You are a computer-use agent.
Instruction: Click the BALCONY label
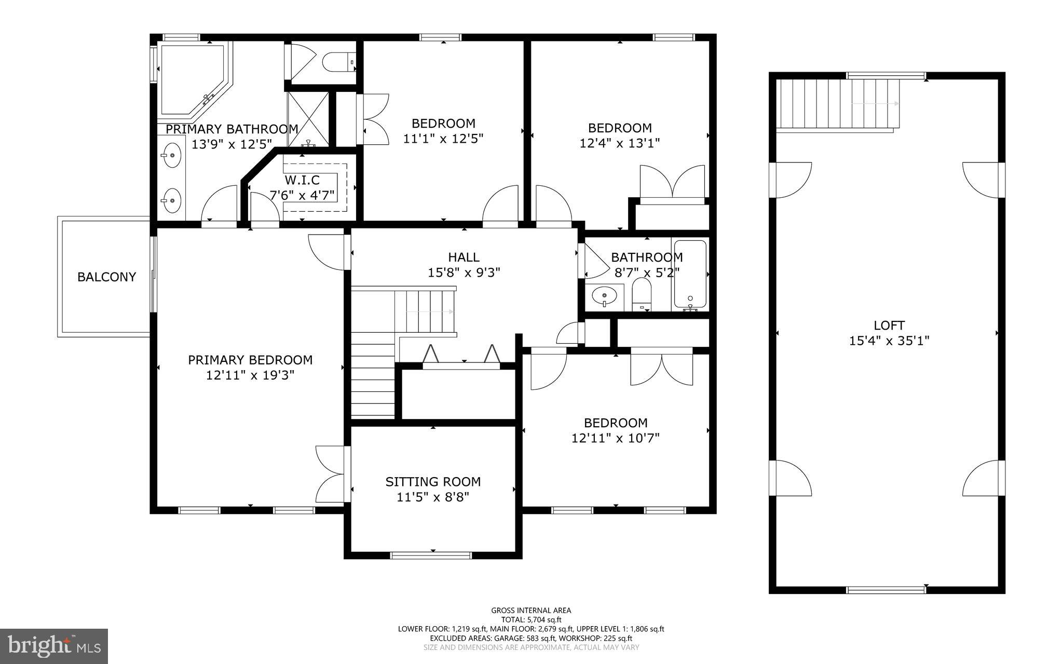point(106,277)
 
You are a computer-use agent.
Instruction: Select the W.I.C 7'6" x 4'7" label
point(302,188)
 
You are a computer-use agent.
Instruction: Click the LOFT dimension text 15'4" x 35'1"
point(889,341)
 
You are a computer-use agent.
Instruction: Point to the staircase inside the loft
point(838,104)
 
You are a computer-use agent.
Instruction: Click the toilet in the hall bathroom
point(642,295)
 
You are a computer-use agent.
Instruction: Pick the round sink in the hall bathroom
point(604,296)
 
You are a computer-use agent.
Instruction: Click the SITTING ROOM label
point(433,482)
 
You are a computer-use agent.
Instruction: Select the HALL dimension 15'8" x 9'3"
point(464,273)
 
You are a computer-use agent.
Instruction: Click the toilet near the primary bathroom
point(338,62)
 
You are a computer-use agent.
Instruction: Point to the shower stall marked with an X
point(308,118)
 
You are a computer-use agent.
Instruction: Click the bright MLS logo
point(54,645)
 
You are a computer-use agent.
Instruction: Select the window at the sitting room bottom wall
point(431,555)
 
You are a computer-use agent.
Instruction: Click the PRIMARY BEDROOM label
point(250,360)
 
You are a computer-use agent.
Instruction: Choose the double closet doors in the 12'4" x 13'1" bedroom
point(672,183)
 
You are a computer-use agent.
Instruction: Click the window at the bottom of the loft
point(886,589)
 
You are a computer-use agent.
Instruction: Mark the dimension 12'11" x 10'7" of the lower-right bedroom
point(615,439)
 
